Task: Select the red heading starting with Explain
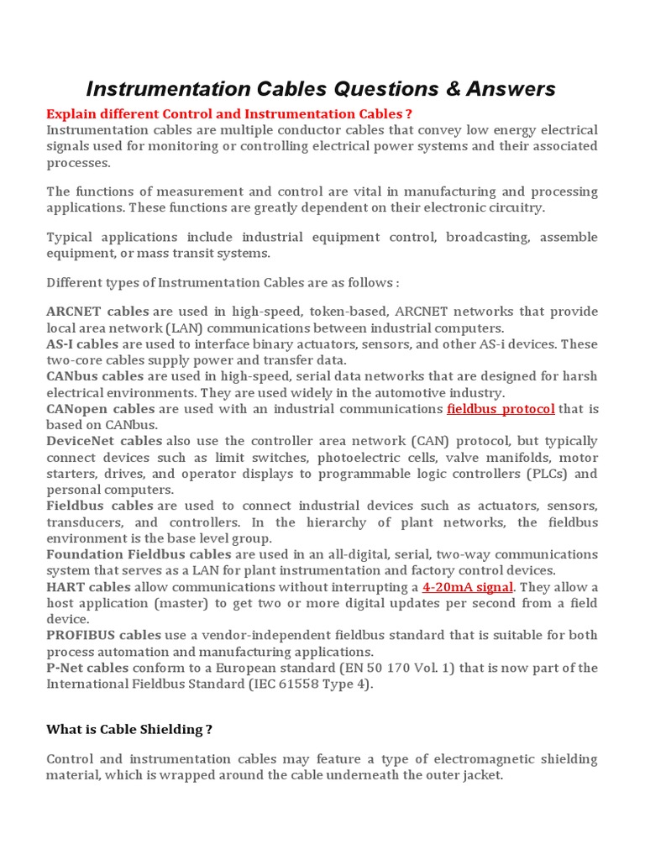coord(229,113)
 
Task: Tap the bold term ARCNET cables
coord(97,312)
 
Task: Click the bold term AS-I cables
coord(82,344)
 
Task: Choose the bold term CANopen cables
coord(101,409)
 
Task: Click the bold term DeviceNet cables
coord(104,441)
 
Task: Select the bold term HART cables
coord(87,587)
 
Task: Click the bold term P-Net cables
coord(87,668)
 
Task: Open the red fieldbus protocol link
coord(501,409)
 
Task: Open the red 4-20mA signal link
coord(467,587)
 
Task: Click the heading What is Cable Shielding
coord(128,730)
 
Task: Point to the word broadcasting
coord(488,238)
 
